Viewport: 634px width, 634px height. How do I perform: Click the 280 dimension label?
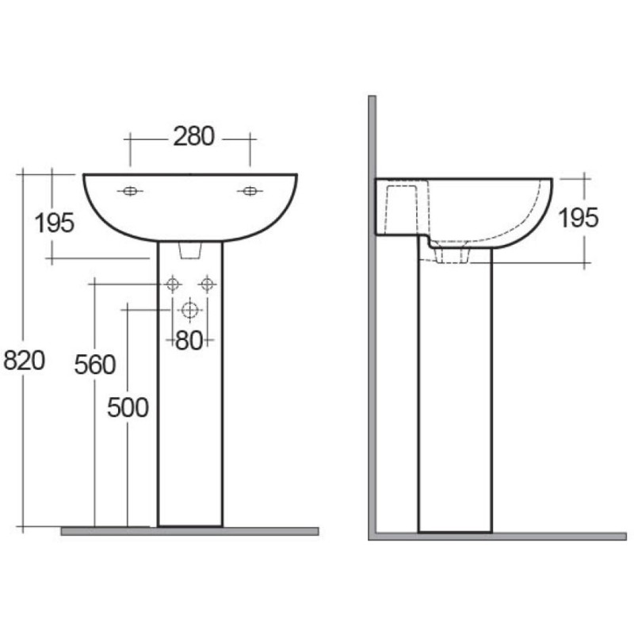[193, 136]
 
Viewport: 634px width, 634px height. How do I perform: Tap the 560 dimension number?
[95, 365]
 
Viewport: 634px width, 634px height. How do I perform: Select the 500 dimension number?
[128, 407]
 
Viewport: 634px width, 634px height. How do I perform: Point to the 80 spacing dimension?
[189, 341]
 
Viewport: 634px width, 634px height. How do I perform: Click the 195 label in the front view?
[55, 223]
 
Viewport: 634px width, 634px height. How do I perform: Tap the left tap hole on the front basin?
[130, 191]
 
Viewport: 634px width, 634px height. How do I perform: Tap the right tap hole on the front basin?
[250, 191]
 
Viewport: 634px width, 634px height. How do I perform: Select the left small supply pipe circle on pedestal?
[173, 283]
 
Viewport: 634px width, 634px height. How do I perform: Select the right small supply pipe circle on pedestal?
[207, 283]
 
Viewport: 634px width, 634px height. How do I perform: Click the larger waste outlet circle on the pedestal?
[189, 309]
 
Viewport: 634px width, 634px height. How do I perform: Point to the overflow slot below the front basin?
[189, 250]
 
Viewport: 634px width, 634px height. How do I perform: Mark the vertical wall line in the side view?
[371, 317]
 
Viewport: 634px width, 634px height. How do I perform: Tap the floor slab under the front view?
[189, 531]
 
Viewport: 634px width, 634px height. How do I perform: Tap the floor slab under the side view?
[499, 537]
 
